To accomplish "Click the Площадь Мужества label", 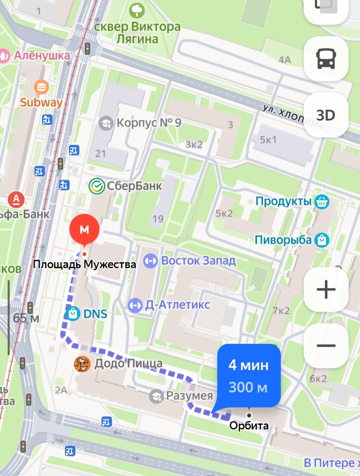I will (x=84, y=264).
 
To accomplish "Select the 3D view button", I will (x=326, y=115).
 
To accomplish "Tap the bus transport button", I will (x=326, y=59).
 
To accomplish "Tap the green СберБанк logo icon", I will (x=96, y=185).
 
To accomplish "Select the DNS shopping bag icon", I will (x=73, y=314).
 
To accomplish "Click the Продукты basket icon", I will (x=321, y=202).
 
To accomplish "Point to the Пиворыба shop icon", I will (x=321, y=240).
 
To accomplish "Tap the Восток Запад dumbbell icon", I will (x=150, y=261).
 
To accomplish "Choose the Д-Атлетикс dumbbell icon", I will (x=135, y=305).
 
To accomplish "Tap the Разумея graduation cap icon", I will (x=156, y=395).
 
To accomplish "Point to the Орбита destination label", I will (x=249, y=426).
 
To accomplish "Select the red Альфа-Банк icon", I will (x=17, y=198).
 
